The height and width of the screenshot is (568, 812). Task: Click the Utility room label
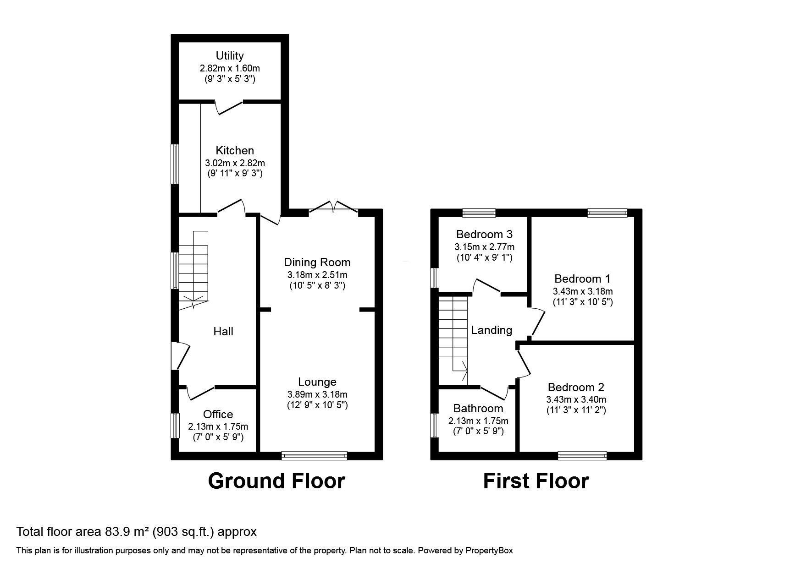point(229,56)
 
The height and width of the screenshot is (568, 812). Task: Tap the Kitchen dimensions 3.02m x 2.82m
point(235,163)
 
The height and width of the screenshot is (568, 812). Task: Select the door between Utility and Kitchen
point(229,106)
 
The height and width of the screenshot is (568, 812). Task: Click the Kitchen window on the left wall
point(175,164)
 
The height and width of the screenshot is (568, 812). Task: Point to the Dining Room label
point(317,262)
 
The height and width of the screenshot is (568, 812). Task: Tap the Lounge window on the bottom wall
point(314,455)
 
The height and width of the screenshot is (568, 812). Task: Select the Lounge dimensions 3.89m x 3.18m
point(317,394)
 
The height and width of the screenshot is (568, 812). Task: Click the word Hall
point(223,331)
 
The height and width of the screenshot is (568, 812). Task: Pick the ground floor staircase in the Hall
point(193,273)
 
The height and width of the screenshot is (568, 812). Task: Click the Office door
point(200,392)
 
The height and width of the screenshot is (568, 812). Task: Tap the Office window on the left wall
point(175,426)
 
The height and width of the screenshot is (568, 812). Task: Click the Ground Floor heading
point(276,481)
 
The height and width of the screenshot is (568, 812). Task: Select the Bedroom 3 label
point(484,235)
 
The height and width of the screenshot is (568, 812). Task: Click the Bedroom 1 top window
point(607,213)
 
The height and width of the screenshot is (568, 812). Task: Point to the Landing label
point(492,330)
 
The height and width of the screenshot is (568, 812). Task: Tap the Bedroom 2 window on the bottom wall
point(582,455)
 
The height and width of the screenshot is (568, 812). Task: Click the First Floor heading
point(536,481)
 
